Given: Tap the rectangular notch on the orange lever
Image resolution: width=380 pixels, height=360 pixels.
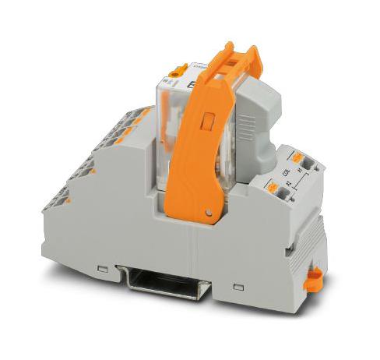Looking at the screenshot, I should (x=207, y=121).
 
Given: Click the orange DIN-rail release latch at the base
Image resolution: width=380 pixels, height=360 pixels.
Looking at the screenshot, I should (x=316, y=277).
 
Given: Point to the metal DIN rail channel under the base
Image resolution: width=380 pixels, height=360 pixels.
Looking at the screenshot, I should (x=167, y=281).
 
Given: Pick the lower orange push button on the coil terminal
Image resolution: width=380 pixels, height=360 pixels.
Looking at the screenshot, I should (x=273, y=188).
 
